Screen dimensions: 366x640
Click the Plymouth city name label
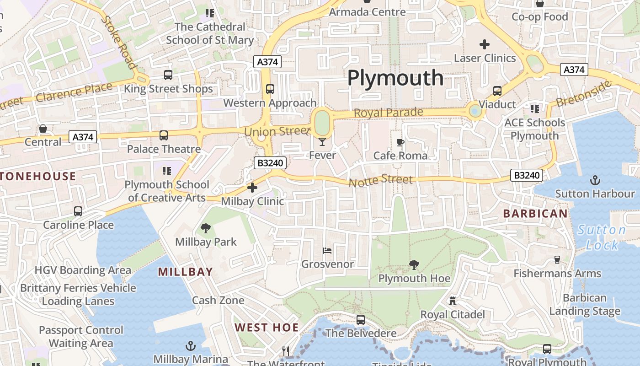[395, 78]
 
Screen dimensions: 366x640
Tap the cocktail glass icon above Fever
[322, 142]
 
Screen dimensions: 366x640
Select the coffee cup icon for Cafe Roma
[400, 143]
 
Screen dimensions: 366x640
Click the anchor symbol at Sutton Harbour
[595, 180]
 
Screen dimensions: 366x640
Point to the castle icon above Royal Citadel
[453, 301]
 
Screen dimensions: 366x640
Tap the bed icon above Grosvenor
[327, 251]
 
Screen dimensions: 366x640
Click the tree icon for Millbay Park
[206, 228]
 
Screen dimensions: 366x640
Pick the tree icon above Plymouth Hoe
[414, 264]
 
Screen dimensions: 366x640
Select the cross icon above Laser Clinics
[485, 44]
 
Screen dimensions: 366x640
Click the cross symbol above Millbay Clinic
[252, 188]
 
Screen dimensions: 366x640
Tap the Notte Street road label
[380, 181]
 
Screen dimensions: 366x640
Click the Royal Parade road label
[388, 113]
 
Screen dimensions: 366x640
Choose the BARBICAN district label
[535, 213]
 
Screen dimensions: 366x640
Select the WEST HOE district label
[267, 328]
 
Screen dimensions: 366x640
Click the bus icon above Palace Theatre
[164, 135]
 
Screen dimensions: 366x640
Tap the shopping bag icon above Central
[43, 129]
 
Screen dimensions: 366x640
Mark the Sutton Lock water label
[602, 237]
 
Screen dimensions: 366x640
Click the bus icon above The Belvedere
[361, 320]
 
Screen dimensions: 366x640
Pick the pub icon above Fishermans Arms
[557, 260]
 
